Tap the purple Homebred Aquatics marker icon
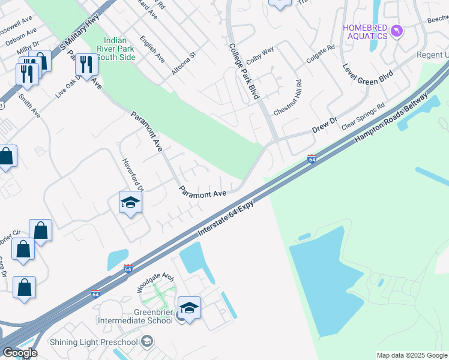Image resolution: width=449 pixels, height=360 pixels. click(x=396, y=31)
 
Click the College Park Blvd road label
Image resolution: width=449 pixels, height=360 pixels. click(x=246, y=71)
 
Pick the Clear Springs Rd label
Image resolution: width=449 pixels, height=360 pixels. click(x=363, y=116)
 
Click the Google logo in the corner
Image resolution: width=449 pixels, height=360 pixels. click(x=19, y=353)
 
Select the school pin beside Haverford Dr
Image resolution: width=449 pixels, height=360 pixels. click(x=130, y=203)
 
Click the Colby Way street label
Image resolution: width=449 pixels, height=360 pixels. click(x=260, y=56)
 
